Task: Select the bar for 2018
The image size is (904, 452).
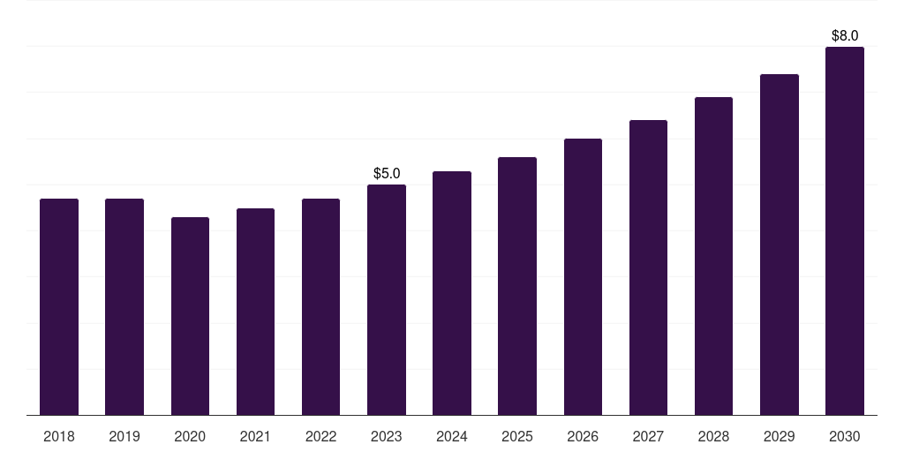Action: point(59,306)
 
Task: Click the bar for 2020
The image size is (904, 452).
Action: point(190,316)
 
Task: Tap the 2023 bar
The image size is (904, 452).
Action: point(387,300)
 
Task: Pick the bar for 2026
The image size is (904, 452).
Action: point(583,276)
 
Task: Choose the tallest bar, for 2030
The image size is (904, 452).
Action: point(845,230)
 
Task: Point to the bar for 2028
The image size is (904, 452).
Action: point(713,256)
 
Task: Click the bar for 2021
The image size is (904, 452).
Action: point(255,312)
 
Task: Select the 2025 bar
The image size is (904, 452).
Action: point(517,286)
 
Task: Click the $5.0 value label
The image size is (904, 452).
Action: point(387,174)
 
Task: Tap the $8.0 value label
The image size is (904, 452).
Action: point(845,35)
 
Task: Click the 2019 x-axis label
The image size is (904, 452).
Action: point(124,436)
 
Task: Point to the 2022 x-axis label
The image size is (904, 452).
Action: point(320,436)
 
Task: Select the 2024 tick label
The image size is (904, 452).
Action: point(452,436)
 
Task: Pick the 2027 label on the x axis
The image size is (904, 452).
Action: point(648,436)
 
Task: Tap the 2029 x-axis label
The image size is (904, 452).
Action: point(780,436)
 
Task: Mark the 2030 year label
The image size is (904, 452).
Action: point(845,436)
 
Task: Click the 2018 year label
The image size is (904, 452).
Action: point(59,436)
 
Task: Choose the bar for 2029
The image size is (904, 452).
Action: point(780,245)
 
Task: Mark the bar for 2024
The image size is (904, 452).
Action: point(452,293)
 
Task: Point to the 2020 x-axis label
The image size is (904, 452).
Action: point(190,436)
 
